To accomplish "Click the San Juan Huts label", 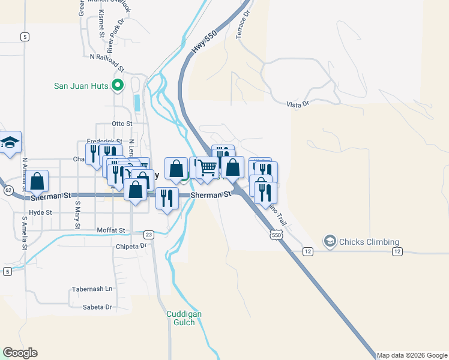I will pyautogui.click(x=81, y=86).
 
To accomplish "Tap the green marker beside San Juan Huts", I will pyautogui.click(x=118, y=86).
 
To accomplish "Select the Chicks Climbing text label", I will pyautogui.click(x=369, y=242).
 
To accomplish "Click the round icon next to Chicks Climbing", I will pyautogui.click(x=330, y=242).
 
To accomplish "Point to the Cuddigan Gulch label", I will pyautogui.click(x=184, y=318).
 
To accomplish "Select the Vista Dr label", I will pyautogui.click(x=297, y=104).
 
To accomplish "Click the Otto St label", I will pyautogui.click(x=122, y=124).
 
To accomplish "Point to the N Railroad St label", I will pyautogui.click(x=107, y=61).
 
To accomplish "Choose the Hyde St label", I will pyautogui.click(x=40, y=212).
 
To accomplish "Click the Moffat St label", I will pyautogui.click(x=110, y=230).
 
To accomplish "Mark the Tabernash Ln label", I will pyautogui.click(x=92, y=289).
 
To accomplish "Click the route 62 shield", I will pyautogui.click(x=8, y=190).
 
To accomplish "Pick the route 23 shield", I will pyautogui.click(x=149, y=234).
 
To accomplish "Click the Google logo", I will pyautogui.click(x=20, y=353).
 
